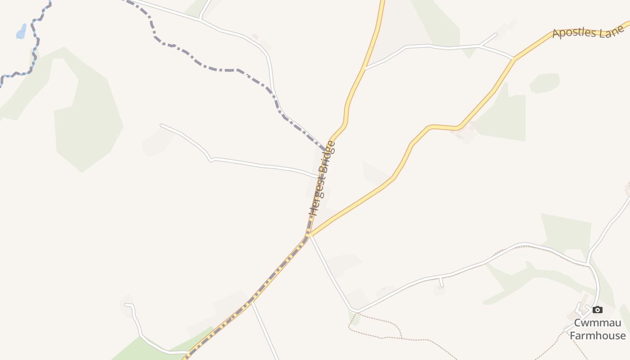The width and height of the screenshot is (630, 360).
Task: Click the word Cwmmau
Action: pyautogui.click(x=597, y=323)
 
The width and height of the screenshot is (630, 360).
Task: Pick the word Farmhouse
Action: pyautogui.click(x=597, y=336)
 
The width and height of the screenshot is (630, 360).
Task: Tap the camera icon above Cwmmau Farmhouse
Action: pyautogui.click(x=597, y=310)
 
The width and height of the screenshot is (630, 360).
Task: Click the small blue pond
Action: pyautogui.click(x=21, y=31)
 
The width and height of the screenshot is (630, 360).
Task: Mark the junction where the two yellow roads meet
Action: pyautogui.click(x=309, y=234)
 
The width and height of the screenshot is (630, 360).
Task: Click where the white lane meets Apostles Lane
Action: pyautogui.click(x=513, y=59)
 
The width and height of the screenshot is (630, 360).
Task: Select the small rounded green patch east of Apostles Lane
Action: pyautogui.click(x=544, y=83)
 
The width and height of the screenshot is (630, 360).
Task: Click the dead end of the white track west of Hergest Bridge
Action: pyautogui.click(x=162, y=125)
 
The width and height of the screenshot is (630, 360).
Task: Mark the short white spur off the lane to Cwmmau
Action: pyautogui.click(x=441, y=282)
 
